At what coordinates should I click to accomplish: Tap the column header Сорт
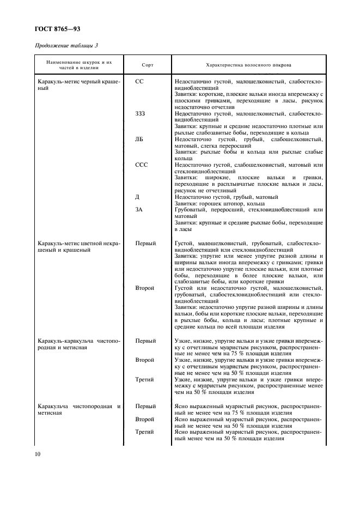(147, 65)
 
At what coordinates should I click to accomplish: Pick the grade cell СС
(139, 81)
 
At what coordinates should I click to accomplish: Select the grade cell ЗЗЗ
(141, 113)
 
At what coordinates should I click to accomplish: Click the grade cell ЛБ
(139, 139)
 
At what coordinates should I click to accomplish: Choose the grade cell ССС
(142, 165)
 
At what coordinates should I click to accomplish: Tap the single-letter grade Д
(137, 197)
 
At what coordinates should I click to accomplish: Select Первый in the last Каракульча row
(145, 406)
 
